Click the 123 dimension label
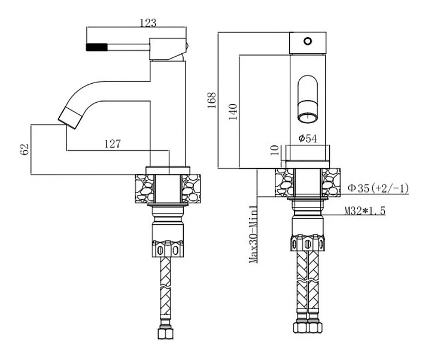148,23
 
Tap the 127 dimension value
112,144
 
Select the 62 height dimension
25,149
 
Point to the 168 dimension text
212,100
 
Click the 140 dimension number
233,111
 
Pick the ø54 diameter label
308,138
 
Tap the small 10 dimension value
275,150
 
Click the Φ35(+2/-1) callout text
378,188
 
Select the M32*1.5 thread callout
365,211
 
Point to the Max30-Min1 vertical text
253,234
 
